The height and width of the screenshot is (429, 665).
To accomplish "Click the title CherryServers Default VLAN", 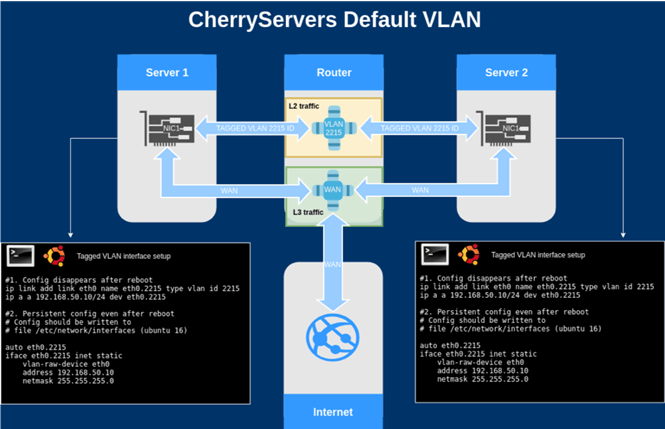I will click(332, 19).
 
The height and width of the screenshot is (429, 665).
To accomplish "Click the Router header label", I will click(332, 74).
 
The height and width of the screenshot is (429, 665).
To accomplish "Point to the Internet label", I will click(332, 412).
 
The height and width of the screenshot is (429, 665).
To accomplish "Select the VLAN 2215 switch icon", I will click(332, 127).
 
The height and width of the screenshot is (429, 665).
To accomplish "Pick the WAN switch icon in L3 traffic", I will click(332, 188).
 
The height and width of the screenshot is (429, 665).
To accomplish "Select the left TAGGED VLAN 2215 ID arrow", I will click(248, 128).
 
